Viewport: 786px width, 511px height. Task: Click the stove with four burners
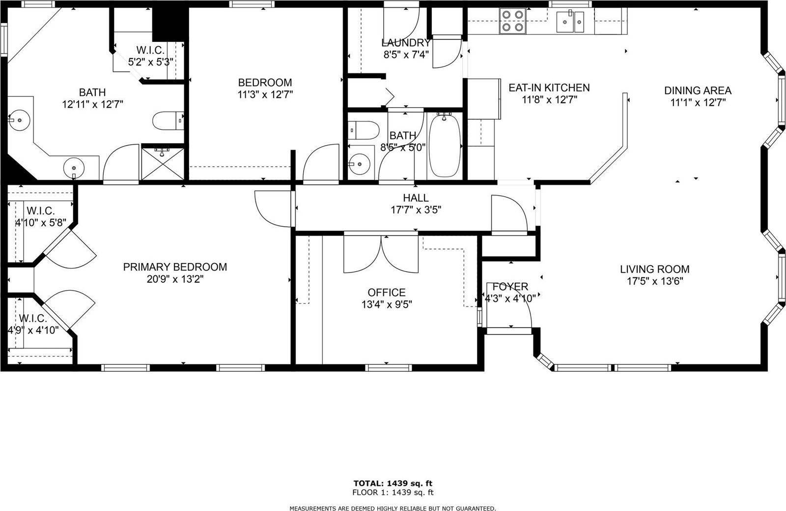tap(511, 22)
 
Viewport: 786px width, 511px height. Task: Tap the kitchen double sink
tap(570, 22)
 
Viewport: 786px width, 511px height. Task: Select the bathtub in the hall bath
tap(445, 145)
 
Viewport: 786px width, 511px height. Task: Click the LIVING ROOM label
tap(654, 269)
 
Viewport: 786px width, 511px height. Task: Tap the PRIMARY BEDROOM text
tap(175, 267)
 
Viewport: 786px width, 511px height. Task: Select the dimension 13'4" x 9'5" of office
tap(387, 304)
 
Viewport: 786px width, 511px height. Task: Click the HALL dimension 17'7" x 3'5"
tap(416, 210)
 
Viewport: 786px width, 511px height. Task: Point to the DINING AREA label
tap(698, 90)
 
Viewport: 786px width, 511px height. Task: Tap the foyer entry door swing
tap(516, 305)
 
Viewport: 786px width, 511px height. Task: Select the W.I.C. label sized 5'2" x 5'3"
tap(151, 62)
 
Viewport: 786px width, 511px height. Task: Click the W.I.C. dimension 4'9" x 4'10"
tap(33, 331)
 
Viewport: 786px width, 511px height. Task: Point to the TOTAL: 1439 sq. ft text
tap(393, 483)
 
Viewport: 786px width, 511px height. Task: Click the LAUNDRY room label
tap(406, 43)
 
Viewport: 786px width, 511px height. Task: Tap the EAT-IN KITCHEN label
tap(549, 88)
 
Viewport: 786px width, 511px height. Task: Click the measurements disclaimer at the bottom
tap(393, 508)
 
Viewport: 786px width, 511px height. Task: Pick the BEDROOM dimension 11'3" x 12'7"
tap(265, 94)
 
